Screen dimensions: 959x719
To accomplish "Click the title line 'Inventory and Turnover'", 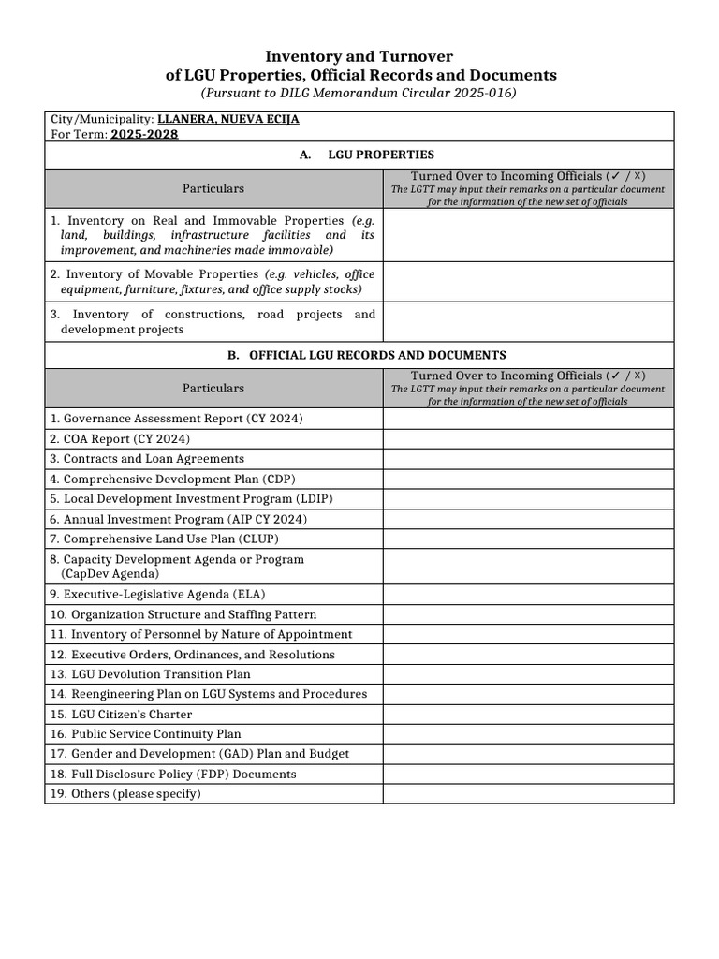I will tap(360, 57).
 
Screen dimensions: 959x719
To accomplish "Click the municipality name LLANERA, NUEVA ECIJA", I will tap(228, 120).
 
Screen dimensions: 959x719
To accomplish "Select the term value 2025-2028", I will tap(144, 134).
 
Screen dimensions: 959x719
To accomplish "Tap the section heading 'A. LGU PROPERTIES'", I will tap(367, 155).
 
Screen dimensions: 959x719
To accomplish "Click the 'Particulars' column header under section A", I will tap(213, 188).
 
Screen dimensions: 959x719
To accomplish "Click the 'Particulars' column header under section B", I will tap(213, 388).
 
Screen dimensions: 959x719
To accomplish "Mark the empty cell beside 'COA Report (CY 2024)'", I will tap(527, 438).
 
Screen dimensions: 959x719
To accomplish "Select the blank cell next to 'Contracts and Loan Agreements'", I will tap(527, 459).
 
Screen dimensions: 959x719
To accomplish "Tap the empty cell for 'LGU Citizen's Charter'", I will tap(527, 714).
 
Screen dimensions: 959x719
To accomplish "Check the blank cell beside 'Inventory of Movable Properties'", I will tap(527, 281).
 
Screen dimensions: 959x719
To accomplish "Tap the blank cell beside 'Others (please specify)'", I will tap(527, 794).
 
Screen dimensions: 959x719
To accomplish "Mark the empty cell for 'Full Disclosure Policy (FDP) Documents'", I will tap(527, 775).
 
